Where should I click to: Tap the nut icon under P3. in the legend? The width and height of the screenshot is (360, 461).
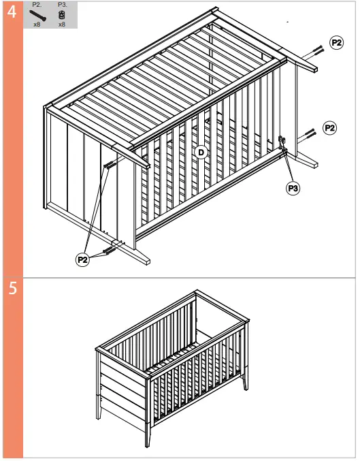tap(62, 14)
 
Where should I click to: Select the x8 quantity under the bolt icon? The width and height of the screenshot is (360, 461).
tap(37, 24)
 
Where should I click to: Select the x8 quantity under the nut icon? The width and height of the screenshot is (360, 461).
tap(62, 24)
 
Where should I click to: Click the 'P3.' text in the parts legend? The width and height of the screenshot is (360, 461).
tap(62, 5)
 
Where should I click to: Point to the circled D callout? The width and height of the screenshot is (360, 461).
tap(201, 152)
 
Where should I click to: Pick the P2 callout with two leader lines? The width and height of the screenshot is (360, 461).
tap(83, 259)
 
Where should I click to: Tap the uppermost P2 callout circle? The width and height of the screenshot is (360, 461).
tap(336, 42)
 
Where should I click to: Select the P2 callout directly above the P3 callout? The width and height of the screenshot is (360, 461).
tap(329, 127)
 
